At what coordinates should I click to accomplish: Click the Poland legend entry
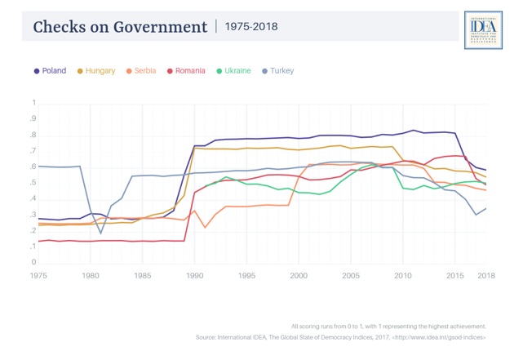[50, 71]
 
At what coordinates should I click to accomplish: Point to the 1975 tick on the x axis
[38, 275]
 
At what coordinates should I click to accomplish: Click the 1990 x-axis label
[194, 275]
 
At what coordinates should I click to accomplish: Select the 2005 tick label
[351, 275]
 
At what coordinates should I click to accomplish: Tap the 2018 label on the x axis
[486, 275]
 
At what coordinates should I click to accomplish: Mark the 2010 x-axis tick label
[403, 275]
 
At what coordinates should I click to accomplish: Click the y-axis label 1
[34, 104]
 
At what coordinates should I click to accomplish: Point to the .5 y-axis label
[33, 183]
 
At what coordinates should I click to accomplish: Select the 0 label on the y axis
[34, 263]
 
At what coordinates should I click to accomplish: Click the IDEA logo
[477, 30]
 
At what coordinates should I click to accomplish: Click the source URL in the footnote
[443, 337]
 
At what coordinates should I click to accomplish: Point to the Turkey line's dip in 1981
[101, 233]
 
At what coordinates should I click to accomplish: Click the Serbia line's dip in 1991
[205, 228]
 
